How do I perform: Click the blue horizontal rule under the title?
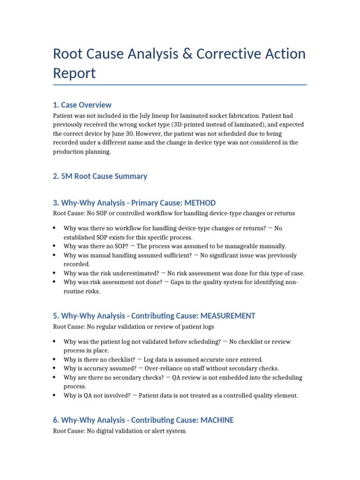180,85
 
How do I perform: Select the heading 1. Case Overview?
82,105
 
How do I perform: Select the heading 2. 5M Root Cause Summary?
100,176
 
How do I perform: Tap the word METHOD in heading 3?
197,203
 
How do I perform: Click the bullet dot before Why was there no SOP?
55,246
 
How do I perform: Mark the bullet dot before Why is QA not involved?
55,395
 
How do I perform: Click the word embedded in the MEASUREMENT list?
216,377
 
